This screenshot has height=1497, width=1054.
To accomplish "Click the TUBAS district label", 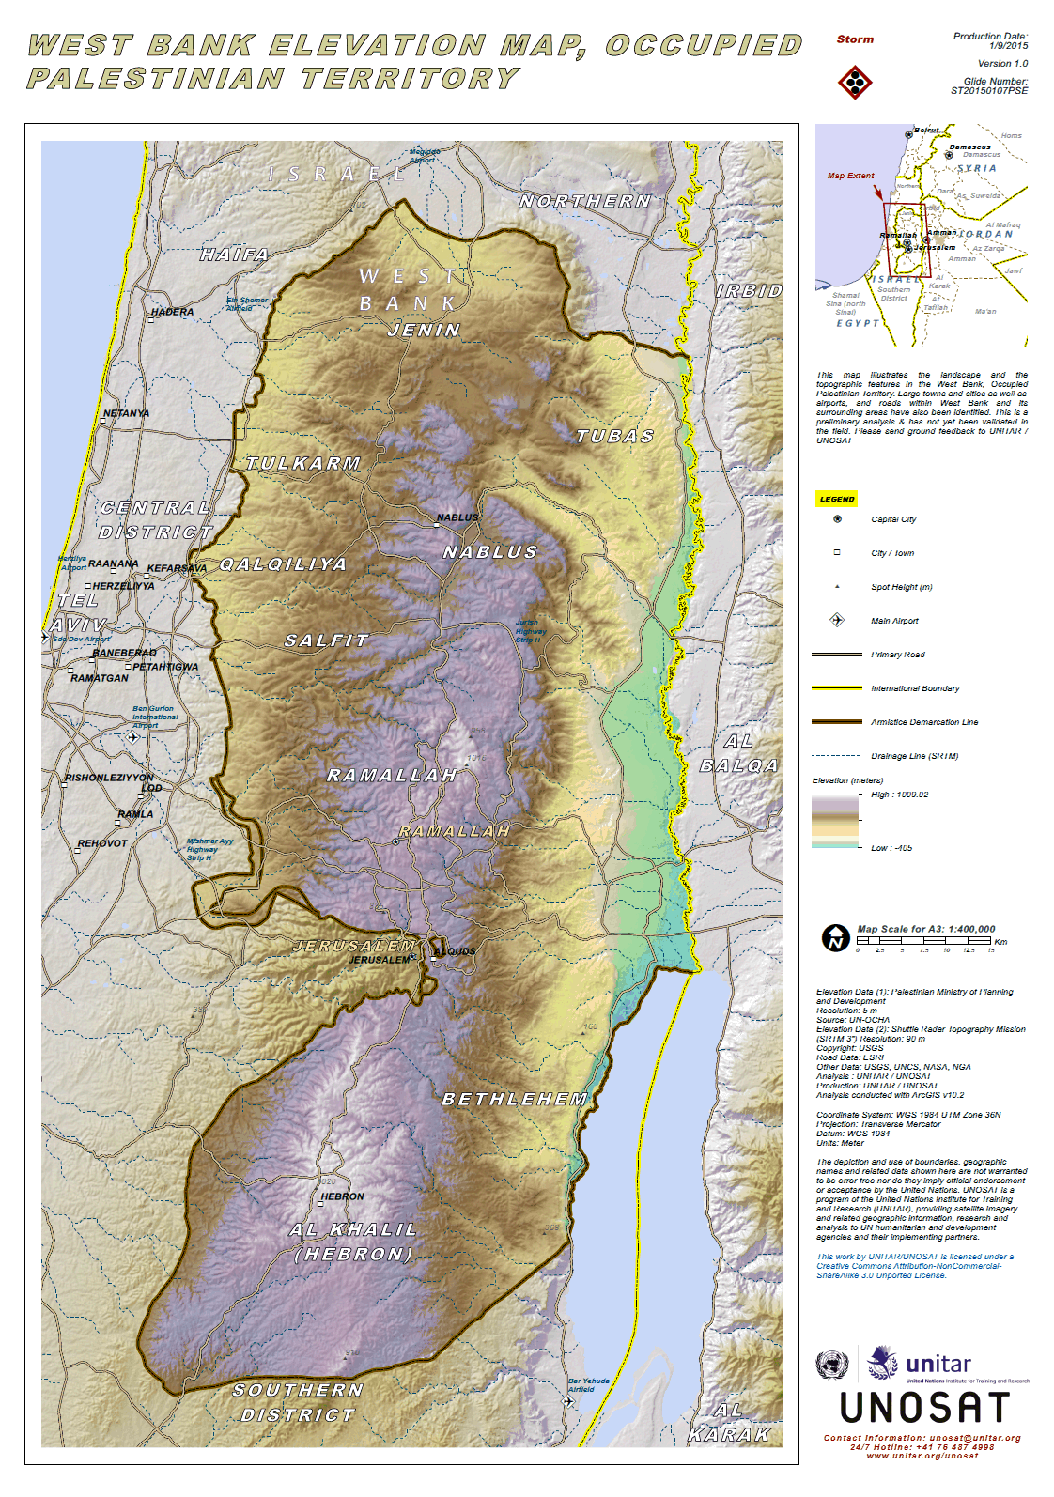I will [615, 437].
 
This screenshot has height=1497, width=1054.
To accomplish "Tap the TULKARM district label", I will [303, 464].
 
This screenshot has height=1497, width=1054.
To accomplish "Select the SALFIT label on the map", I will [327, 640].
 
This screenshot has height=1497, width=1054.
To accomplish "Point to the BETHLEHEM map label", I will [515, 1100].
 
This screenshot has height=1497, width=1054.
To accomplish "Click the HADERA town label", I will [173, 312].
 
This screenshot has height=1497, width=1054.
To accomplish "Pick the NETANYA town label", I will [127, 413].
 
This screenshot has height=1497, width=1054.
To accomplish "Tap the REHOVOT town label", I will [102, 843].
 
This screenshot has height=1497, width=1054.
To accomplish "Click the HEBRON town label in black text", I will [343, 1196].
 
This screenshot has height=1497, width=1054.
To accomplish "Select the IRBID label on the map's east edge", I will [749, 291].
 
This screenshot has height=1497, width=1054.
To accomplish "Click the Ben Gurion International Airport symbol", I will [132, 737].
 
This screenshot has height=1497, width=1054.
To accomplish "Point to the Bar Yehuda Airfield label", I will [588, 1385].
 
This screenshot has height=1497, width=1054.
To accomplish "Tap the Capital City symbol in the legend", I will [837, 519].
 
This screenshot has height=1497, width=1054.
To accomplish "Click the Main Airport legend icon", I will [837, 620].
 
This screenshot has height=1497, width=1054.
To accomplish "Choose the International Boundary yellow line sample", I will [836, 688].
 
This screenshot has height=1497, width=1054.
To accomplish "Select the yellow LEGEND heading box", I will [836, 499].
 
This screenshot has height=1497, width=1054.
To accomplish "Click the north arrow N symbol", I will [835, 938].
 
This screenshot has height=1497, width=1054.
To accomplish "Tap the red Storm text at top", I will [855, 39].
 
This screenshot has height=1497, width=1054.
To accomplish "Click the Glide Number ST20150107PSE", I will [989, 91].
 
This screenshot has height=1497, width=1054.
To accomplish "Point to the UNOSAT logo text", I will [924, 1408].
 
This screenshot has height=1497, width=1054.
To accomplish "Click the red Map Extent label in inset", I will [850, 176].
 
